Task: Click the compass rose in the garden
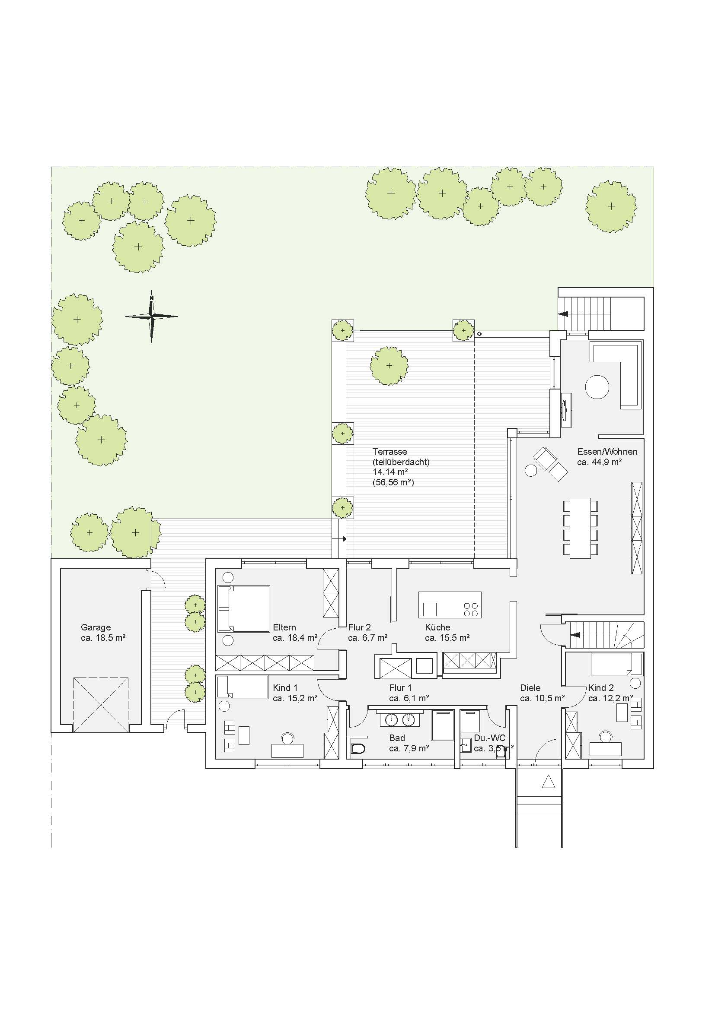151,316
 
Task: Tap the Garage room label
96,627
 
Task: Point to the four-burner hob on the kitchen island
470,609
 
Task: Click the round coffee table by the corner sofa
597,386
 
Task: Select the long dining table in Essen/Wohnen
580,528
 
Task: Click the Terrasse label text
389,451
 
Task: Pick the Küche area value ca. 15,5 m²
447,638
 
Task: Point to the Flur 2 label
359,627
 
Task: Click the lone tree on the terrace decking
389,365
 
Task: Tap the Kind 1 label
285,687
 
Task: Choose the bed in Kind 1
243,687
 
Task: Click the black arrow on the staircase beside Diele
575,635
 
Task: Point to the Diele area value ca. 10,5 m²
543,698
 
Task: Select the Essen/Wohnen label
607,451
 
